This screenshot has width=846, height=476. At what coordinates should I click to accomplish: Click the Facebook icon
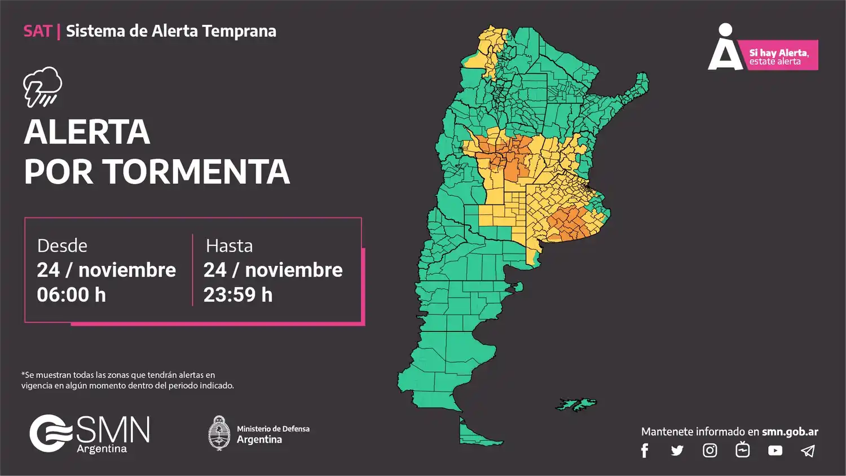[645, 451]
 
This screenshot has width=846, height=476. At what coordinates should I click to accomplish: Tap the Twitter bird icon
[677, 451]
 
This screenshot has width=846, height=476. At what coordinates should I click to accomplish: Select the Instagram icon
[710, 450]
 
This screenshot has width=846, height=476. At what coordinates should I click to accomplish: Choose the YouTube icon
[775, 451]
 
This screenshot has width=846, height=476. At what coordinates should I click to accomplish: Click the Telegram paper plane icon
[808, 451]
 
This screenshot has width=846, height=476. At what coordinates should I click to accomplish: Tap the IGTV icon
[742, 449]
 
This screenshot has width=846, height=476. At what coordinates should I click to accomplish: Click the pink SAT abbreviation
[37, 31]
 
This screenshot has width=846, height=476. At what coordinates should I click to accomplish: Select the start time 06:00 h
[72, 295]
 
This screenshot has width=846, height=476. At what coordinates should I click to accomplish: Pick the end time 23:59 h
[238, 295]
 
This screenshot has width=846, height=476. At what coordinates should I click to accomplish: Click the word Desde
[62, 246]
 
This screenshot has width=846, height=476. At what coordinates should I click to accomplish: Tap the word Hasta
[229, 246]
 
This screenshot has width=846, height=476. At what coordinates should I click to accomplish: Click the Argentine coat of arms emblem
[219, 433]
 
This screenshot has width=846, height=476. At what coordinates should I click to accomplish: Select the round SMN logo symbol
[50, 434]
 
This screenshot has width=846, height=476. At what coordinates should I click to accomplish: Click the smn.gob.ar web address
[790, 432]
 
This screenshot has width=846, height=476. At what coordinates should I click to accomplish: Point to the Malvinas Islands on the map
[576, 404]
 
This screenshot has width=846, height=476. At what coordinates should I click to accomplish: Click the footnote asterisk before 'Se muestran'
[23, 374]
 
